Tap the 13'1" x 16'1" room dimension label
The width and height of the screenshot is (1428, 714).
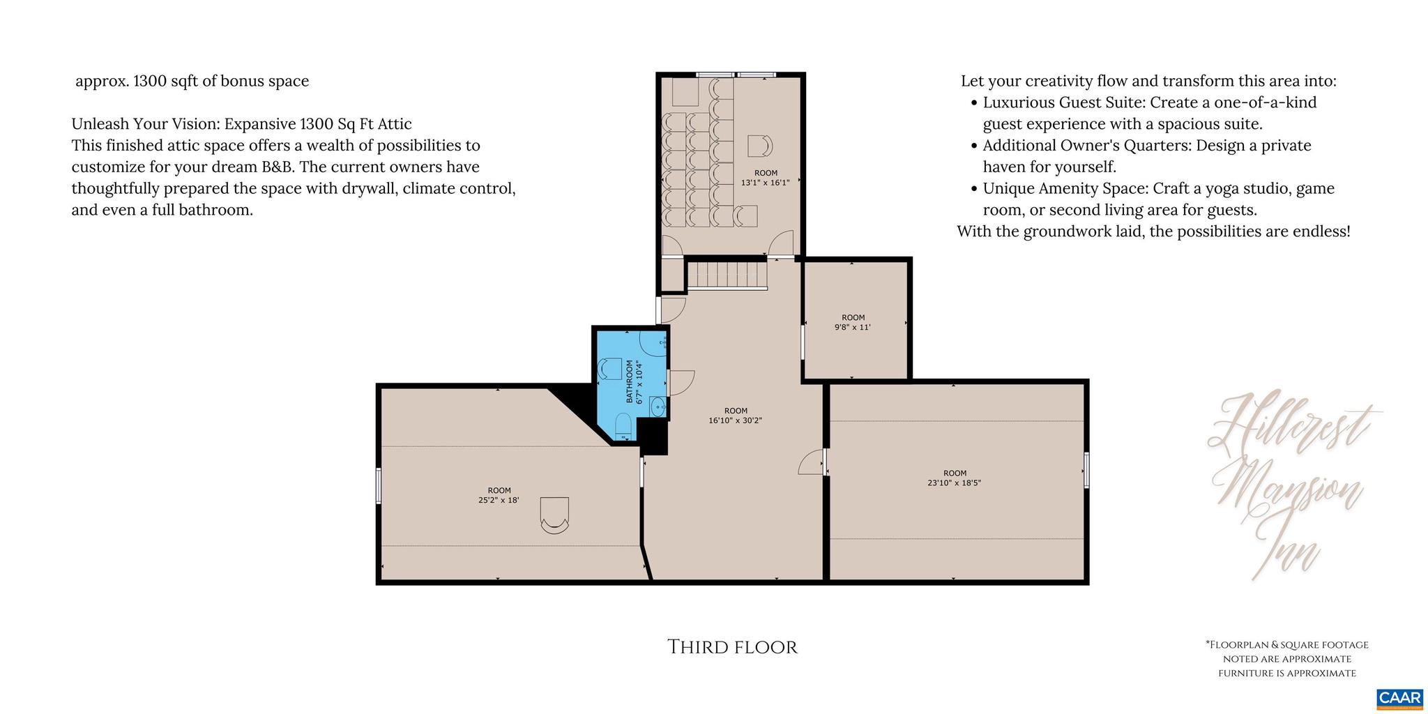pyautogui.click(x=765, y=178)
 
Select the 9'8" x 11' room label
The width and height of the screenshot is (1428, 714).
pyautogui.click(x=853, y=322)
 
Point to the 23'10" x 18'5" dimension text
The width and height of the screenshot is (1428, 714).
pyautogui.click(x=954, y=478)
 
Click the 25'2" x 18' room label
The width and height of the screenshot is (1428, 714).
pyautogui.click(x=499, y=495)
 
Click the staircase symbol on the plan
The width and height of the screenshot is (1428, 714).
pyautogui.click(x=727, y=275)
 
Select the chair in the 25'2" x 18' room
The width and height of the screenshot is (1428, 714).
pyautogui.click(x=555, y=516)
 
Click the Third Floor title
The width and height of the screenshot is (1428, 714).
pyautogui.click(x=732, y=647)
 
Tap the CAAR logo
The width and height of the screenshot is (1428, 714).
pyautogui.click(x=1399, y=699)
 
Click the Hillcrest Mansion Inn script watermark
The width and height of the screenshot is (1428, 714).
pyautogui.click(x=1290, y=481)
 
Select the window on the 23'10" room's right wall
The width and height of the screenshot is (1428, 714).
pyautogui.click(x=1086, y=469)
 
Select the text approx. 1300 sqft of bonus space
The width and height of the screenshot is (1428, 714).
pyautogui.click(x=192, y=81)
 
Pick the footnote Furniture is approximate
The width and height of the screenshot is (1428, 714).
pyautogui.click(x=1287, y=673)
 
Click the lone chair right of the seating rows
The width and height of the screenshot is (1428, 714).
pyautogui.click(x=760, y=146)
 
